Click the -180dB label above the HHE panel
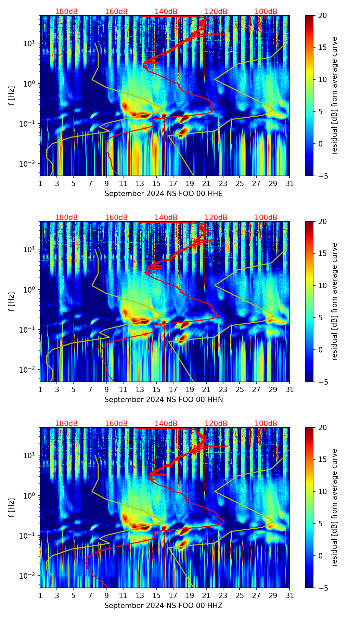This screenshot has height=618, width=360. [x=65, y=12]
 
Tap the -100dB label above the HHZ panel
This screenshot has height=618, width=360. [x=265, y=424]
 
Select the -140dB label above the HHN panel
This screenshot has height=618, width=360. [x=165, y=218]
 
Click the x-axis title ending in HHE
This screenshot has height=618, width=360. [x=164, y=194]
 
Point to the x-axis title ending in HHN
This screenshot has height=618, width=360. [x=164, y=400]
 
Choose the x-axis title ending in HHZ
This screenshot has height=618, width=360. [x=164, y=606]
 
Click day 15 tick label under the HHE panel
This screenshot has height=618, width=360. [x=156, y=184]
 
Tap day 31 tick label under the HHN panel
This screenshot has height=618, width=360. [x=290, y=390]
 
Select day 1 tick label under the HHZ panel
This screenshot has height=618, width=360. [x=40, y=596]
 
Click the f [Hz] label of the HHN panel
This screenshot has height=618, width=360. [x=12, y=301]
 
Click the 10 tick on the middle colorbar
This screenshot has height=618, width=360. [x=323, y=285]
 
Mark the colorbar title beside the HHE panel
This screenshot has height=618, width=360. [x=334, y=95]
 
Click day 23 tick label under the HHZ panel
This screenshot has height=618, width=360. [x=223, y=596]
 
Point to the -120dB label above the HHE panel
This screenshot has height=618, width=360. [x=215, y=12]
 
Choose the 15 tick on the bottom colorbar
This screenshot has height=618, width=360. [x=323, y=460]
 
